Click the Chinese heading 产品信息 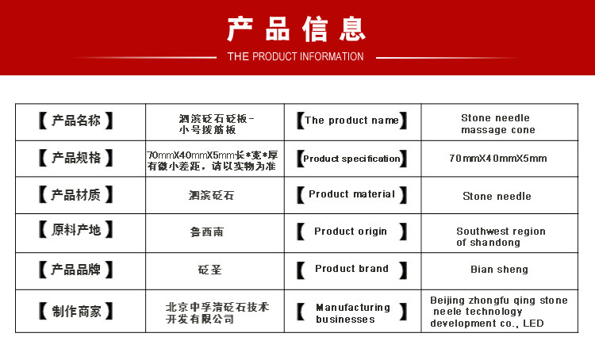296,29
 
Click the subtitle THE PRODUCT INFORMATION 295,56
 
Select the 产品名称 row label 76,121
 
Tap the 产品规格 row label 76,158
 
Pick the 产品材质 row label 76,194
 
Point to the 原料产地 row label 76,230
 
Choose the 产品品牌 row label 76,270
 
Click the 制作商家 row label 76,311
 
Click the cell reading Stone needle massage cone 498,124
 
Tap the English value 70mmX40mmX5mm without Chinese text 498,158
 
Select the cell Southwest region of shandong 501,237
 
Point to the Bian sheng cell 499,270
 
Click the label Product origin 351,232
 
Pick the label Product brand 351,269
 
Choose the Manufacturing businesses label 353,313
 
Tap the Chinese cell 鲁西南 207,232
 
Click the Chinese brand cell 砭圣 210,270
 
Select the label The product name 351,121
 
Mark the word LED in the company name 533,324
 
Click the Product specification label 351,159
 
